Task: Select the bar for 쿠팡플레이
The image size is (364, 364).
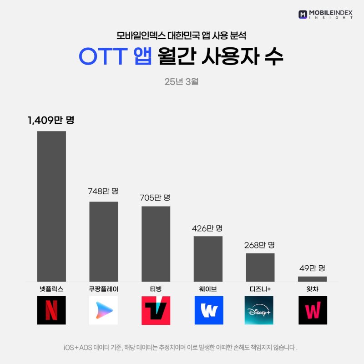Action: click(x=103, y=241)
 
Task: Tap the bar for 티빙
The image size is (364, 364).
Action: click(x=156, y=244)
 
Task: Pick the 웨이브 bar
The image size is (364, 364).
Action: click(x=208, y=258)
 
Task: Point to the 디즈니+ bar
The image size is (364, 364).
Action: click(x=260, y=267)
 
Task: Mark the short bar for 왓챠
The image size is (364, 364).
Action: click(x=313, y=278)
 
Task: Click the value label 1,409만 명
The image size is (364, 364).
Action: click(x=50, y=121)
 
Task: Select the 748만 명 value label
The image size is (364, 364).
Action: click(x=103, y=191)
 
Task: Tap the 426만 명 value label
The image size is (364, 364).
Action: click(x=208, y=227)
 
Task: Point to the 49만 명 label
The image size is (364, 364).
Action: click(x=313, y=268)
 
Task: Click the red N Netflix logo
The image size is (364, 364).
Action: click(x=51, y=310)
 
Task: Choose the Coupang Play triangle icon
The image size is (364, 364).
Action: click(x=103, y=310)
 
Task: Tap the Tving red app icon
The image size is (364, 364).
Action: click(x=156, y=310)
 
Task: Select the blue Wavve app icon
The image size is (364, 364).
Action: click(x=209, y=310)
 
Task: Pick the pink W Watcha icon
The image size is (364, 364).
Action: click(x=313, y=310)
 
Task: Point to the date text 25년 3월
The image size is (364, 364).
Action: click(x=182, y=82)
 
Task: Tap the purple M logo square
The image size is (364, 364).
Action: click(x=303, y=14)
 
